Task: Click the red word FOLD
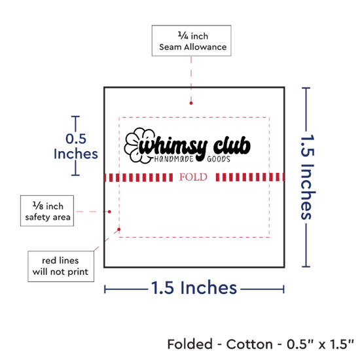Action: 193,177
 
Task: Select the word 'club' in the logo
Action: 232,145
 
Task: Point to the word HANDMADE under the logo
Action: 174,159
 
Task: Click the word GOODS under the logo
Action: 219,159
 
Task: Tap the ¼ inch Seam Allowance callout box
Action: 192,41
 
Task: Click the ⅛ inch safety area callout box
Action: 47,211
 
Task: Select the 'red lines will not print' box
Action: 61,266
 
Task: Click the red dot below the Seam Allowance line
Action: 191,103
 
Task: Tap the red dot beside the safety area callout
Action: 109,211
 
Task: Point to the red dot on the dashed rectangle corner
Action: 119,229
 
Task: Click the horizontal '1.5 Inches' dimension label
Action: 194,288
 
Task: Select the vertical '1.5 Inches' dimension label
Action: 308,177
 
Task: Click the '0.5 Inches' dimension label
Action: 76,146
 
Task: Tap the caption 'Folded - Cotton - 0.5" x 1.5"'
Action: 261,344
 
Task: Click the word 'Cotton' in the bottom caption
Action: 249,344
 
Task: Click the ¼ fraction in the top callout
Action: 183,35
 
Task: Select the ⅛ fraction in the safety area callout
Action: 38,206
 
